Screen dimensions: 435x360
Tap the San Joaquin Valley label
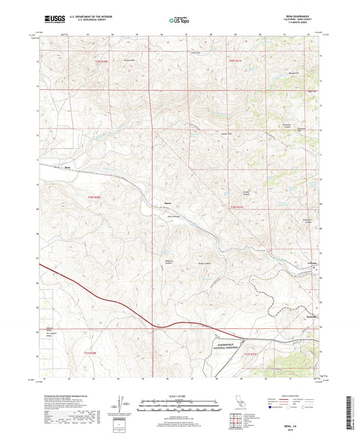coord(49,333)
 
